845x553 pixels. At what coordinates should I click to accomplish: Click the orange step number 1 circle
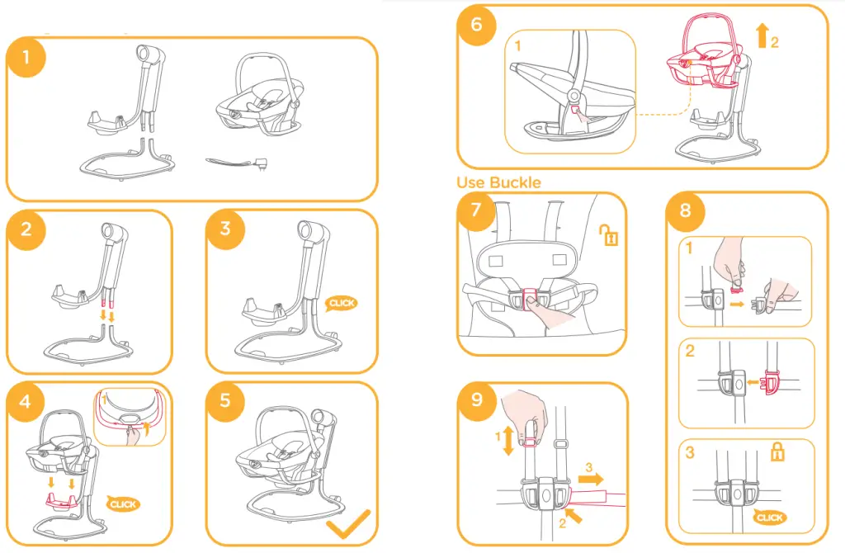pos(26,57)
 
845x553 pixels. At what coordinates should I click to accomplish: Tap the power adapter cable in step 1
pos(234,161)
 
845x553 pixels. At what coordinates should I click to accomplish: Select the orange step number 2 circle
pos(26,229)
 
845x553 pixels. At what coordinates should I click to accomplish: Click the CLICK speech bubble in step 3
pos(341,304)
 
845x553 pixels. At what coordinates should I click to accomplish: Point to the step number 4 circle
pos(26,402)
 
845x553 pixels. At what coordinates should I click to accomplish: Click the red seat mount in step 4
pos(60,501)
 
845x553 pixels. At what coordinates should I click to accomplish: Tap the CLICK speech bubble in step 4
pos(123,504)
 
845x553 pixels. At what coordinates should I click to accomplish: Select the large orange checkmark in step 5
pos(349,523)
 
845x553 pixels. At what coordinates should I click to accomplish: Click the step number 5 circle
pos(225,400)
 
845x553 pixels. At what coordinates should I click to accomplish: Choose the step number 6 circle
pos(476,25)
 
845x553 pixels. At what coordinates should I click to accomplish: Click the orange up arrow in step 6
pos(762,35)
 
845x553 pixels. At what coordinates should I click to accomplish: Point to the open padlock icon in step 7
pos(609,234)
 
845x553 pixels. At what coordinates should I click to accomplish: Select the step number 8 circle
pos(685,210)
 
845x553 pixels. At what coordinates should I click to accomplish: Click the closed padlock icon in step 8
pos(777,451)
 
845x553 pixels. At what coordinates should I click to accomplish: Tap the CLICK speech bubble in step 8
pos(769,518)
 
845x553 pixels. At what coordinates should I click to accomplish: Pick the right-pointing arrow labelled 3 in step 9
pos(591,480)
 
